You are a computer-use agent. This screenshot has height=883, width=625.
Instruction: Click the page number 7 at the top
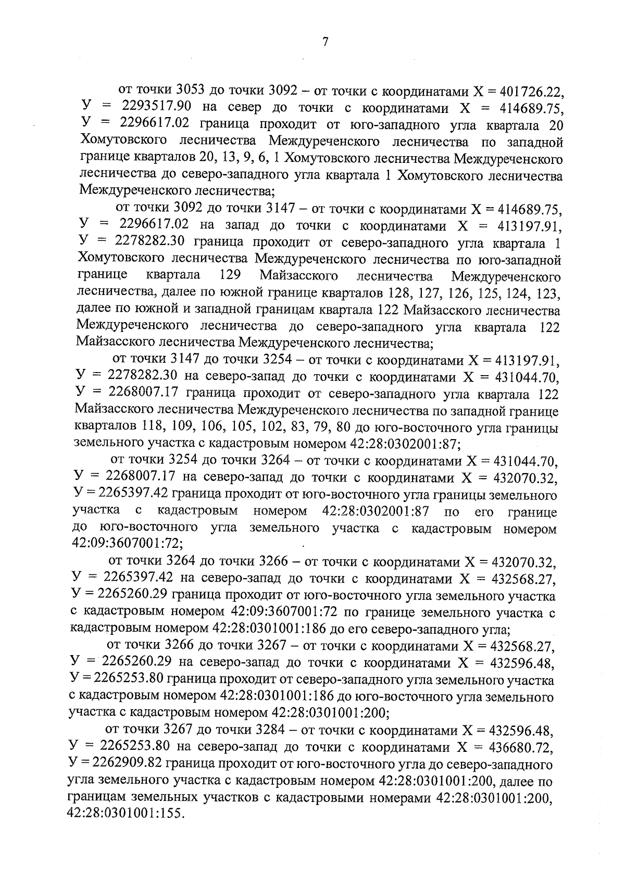[x=325, y=42]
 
